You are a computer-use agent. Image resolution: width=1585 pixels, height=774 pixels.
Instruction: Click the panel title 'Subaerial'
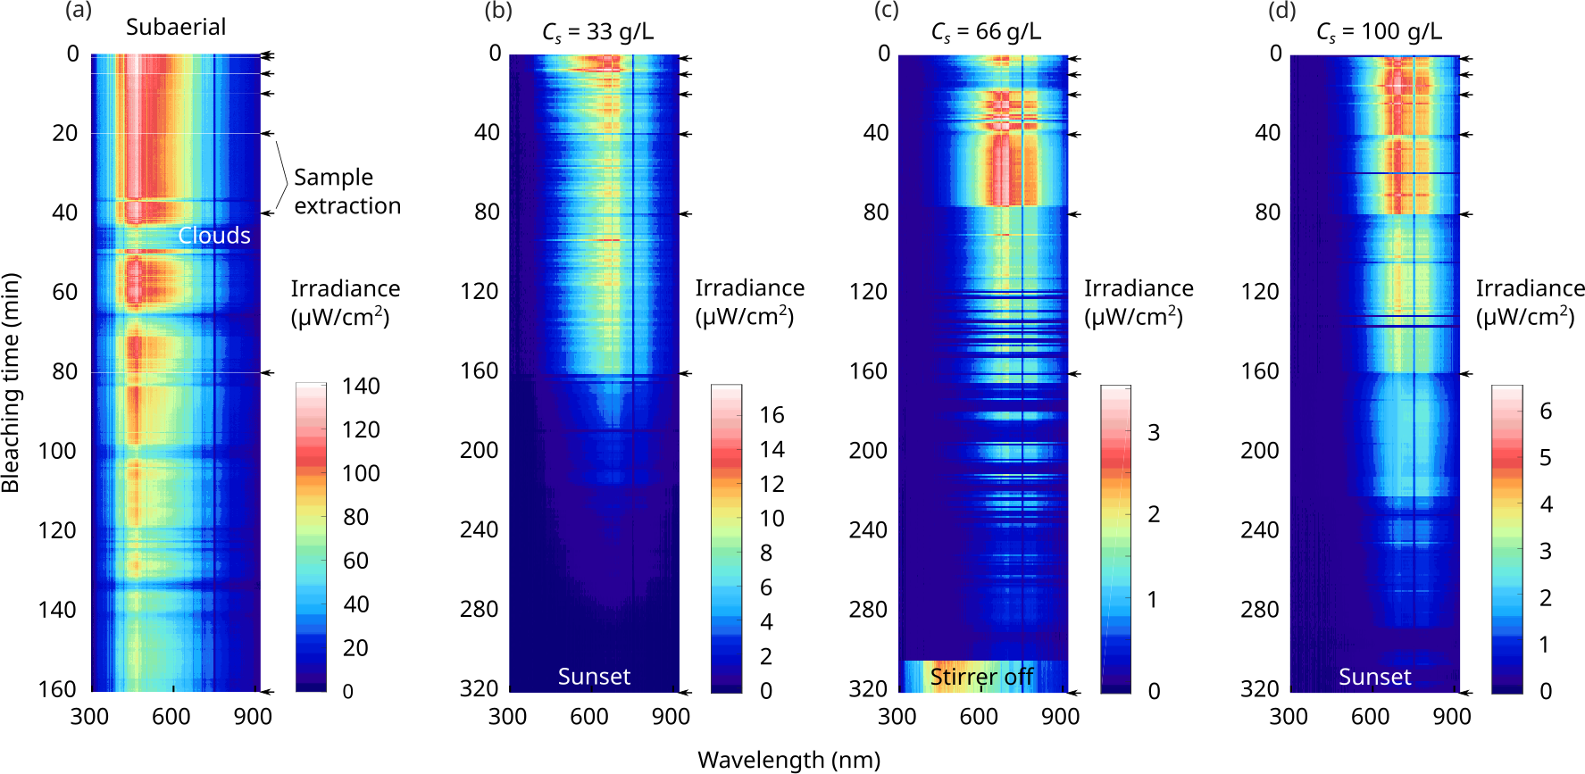[176, 27]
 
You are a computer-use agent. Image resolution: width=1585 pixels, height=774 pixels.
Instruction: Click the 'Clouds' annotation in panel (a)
[214, 235]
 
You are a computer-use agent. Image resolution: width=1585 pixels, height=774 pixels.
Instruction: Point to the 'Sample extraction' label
[346, 191]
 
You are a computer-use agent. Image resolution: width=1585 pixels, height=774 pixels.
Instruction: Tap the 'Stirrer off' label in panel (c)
[981, 677]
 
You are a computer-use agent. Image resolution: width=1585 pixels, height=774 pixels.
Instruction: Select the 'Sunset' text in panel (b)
[594, 677]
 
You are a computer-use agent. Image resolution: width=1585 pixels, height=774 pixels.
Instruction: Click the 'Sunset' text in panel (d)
[1374, 677]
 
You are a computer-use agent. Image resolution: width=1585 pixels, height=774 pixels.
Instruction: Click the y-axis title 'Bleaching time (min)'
[11, 383]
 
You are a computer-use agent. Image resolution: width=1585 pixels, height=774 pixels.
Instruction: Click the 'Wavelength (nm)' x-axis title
[788, 760]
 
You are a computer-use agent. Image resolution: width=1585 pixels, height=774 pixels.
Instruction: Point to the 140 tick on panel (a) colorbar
[361, 387]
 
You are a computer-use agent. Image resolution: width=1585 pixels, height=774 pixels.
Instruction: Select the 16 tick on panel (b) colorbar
[772, 415]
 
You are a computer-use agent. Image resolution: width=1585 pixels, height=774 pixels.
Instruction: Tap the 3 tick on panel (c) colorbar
[1154, 433]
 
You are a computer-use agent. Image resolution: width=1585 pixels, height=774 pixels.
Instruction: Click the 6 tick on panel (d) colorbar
[1546, 412]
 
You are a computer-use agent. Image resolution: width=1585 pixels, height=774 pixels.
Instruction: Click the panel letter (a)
[79, 11]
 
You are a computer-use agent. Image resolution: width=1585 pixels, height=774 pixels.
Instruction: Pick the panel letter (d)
[1281, 11]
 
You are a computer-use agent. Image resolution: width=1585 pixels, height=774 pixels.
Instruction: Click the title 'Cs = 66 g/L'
[985, 32]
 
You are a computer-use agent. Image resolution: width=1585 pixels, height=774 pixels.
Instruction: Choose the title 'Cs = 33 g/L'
[597, 32]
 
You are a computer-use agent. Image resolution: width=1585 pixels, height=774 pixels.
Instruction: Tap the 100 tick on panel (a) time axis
[57, 451]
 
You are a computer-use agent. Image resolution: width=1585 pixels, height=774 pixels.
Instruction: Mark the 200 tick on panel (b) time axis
[479, 450]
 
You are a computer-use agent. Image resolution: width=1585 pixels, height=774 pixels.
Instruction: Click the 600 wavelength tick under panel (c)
[979, 716]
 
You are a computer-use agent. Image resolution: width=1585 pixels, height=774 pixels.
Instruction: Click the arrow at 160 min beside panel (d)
[1466, 374]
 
